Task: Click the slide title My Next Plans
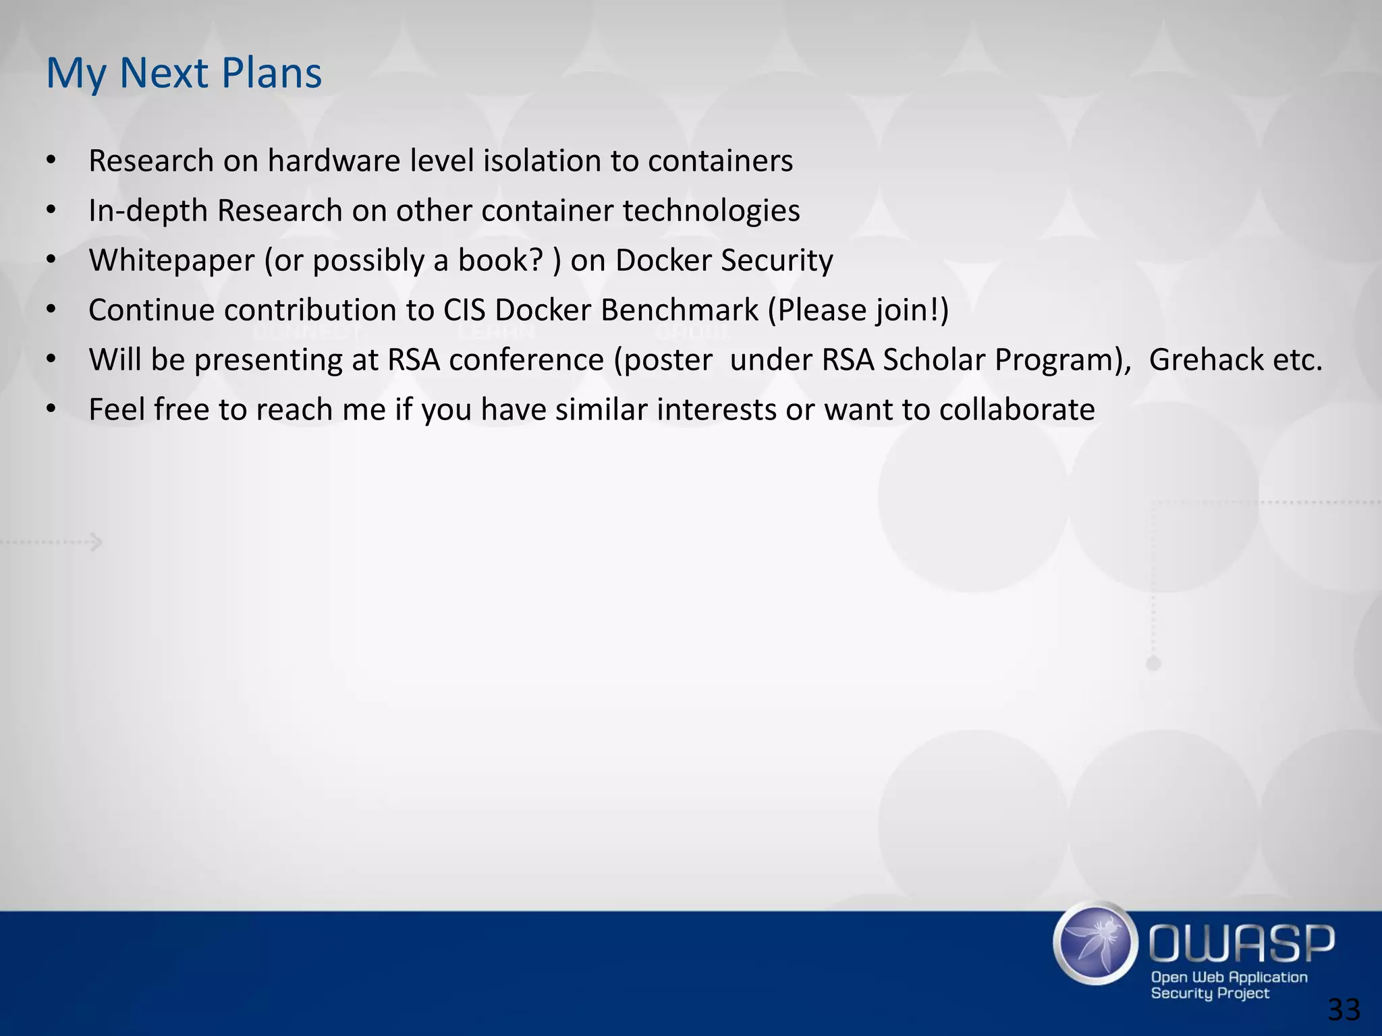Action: (184, 73)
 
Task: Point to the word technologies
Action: (711, 211)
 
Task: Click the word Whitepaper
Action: (171, 261)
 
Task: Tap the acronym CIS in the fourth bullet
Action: (464, 310)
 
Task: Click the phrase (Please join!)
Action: (858, 310)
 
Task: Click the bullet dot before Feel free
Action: (51, 409)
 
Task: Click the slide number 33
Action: (1344, 1010)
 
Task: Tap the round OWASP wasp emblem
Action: (1093, 944)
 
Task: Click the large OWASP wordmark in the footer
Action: (1240, 944)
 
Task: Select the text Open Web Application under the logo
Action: (1229, 977)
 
